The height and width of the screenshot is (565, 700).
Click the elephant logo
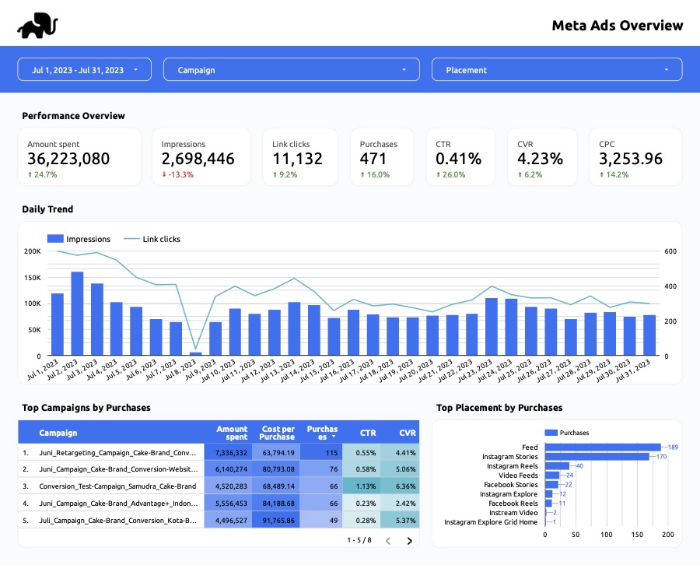[37, 26]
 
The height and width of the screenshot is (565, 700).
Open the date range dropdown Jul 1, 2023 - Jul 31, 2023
[84, 70]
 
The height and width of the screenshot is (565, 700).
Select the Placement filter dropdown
[556, 70]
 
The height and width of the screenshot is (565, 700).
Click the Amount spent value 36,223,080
[68, 159]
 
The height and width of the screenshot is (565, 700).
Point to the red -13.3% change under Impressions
[177, 175]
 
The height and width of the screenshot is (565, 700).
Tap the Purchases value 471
[373, 159]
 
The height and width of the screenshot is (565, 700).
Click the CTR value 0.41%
[458, 159]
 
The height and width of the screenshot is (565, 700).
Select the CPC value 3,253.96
[631, 159]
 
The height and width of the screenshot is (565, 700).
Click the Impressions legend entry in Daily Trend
[79, 239]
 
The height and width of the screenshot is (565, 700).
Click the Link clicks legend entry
[152, 239]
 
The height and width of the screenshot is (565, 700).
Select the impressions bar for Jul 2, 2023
[77, 314]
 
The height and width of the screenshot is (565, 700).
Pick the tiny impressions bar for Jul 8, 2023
[196, 354]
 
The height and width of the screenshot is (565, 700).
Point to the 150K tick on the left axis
[33, 278]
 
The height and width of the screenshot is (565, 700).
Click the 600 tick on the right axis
[670, 251]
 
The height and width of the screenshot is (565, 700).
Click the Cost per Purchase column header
[278, 433]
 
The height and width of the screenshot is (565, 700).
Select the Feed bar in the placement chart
[602, 447]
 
